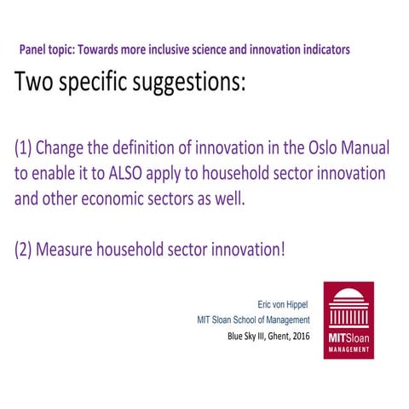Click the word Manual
[364, 149]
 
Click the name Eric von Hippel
[276, 303]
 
